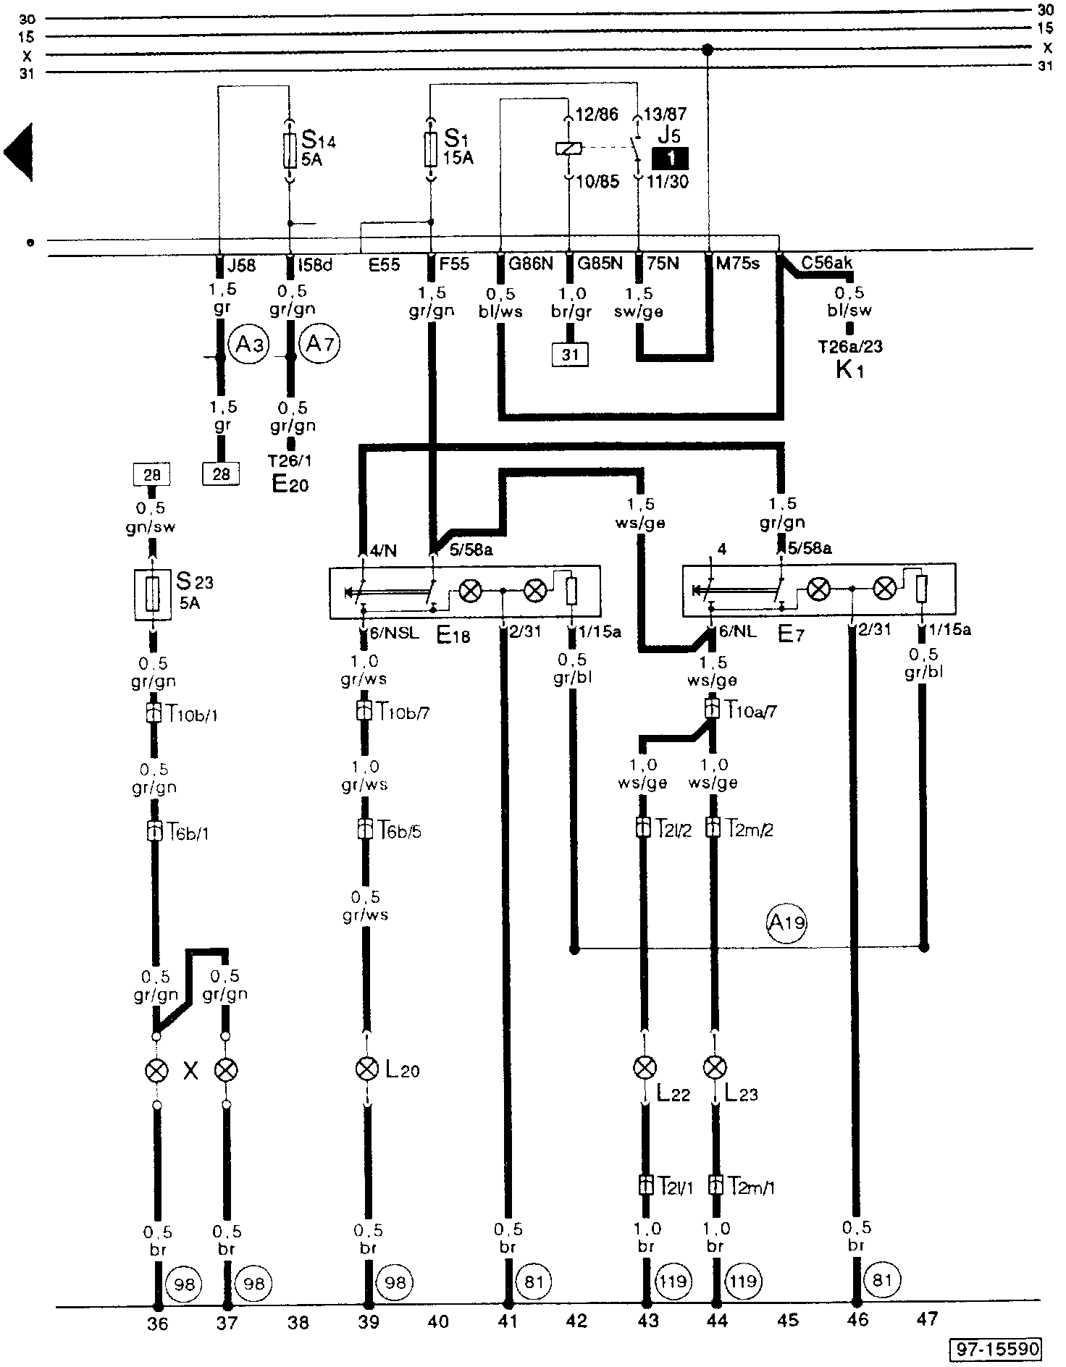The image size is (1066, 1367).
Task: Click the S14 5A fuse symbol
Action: coord(289,150)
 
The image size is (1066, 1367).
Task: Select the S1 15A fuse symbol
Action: coord(431,150)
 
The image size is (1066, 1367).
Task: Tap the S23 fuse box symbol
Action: coord(153,594)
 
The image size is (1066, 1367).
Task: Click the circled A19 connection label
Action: coord(786,922)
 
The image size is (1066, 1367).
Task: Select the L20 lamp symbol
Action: coord(367,1069)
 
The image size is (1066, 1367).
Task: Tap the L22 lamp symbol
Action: coord(644,1067)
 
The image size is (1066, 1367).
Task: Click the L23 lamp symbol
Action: coord(715,1067)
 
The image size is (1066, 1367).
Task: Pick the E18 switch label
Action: coord(453,636)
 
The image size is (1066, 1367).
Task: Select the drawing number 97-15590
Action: coord(997,1349)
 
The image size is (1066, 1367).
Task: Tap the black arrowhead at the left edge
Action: coord(18,152)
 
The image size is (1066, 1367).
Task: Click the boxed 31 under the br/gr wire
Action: coord(570,354)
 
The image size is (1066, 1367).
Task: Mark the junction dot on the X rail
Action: coord(708,49)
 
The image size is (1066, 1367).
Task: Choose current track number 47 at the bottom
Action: coord(927,1320)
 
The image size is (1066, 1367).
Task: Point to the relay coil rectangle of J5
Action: coord(569,149)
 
